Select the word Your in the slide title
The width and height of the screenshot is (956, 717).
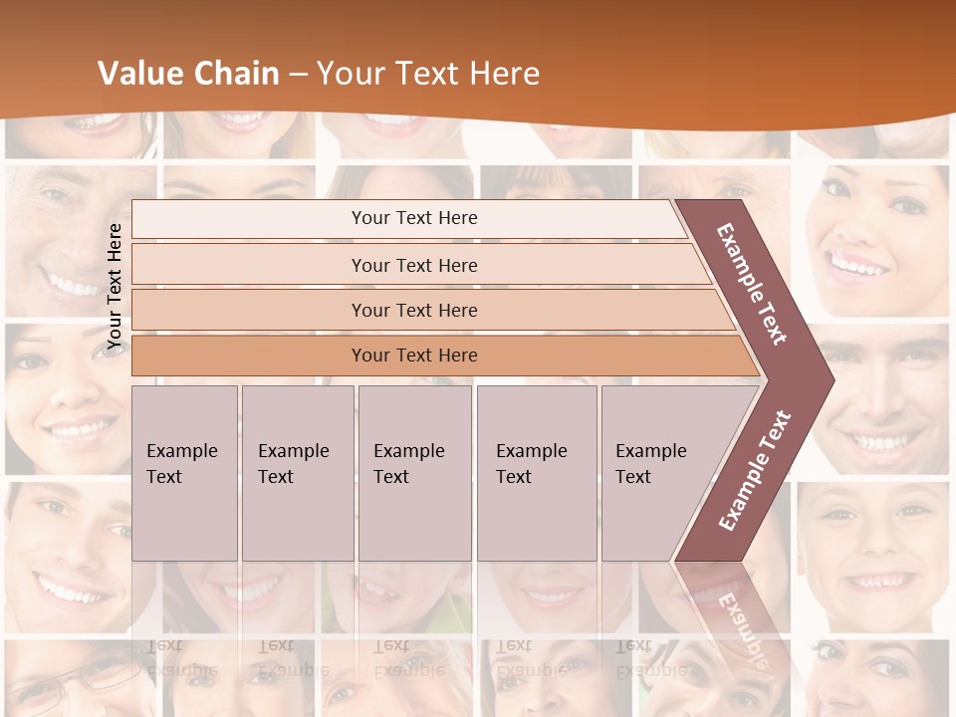350,74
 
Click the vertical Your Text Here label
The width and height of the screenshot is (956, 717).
115,286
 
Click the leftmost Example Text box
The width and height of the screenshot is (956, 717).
184,473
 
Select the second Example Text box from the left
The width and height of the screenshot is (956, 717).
298,473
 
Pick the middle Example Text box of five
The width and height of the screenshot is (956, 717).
414,473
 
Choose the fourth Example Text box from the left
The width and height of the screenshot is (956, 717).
537,473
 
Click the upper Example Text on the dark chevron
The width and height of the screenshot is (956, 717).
752,284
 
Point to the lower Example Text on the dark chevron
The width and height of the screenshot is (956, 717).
754,471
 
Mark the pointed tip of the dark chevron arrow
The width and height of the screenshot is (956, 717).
832,379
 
